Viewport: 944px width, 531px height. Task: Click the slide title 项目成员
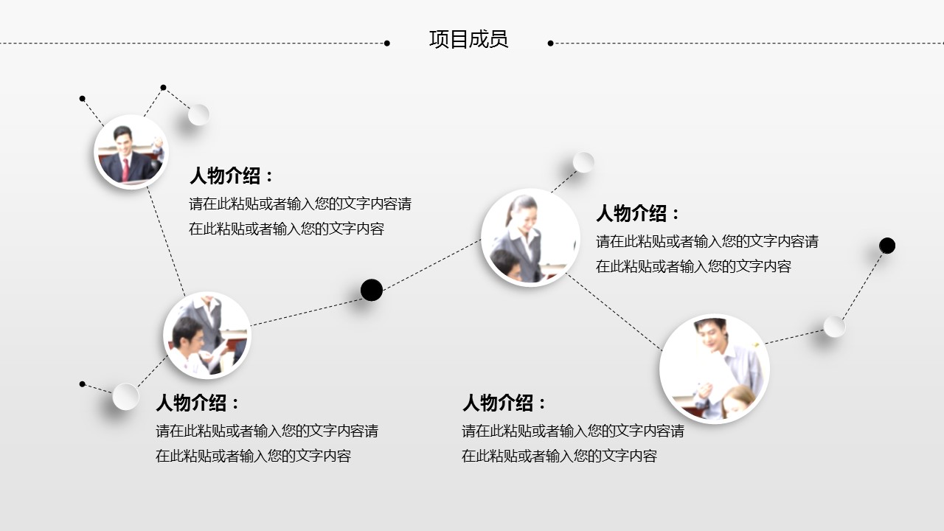click(x=468, y=39)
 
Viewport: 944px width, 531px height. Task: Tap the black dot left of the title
click(x=387, y=43)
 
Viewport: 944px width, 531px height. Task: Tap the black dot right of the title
click(x=550, y=43)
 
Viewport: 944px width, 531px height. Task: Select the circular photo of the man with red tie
click(x=131, y=152)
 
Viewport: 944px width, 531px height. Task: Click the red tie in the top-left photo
click(x=125, y=170)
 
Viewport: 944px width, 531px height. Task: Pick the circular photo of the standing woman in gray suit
click(x=530, y=237)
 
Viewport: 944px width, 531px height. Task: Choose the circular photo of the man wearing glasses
click(x=207, y=335)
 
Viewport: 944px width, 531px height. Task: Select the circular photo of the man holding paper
click(x=715, y=368)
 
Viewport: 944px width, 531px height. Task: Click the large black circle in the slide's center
click(x=371, y=290)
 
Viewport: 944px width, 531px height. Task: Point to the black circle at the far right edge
click(x=886, y=246)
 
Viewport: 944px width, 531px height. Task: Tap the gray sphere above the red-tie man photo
click(x=198, y=114)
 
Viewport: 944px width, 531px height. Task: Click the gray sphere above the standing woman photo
click(x=583, y=162)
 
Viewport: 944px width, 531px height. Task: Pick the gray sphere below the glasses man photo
click(x=125, y=397)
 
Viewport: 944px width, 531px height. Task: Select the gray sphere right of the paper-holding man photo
click(x=834, y=327)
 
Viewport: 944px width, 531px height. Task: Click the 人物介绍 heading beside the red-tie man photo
click(x=232, y=176)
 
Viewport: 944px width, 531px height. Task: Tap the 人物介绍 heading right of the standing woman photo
click(x=638, y=213)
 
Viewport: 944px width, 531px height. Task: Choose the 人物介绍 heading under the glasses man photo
click(x=198, y=403)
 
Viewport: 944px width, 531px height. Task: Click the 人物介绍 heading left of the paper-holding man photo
click(x=504, y=403)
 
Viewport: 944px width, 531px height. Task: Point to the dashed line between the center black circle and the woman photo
click(x=431, y=265)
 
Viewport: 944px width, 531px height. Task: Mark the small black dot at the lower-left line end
click(x=82, y=384)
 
